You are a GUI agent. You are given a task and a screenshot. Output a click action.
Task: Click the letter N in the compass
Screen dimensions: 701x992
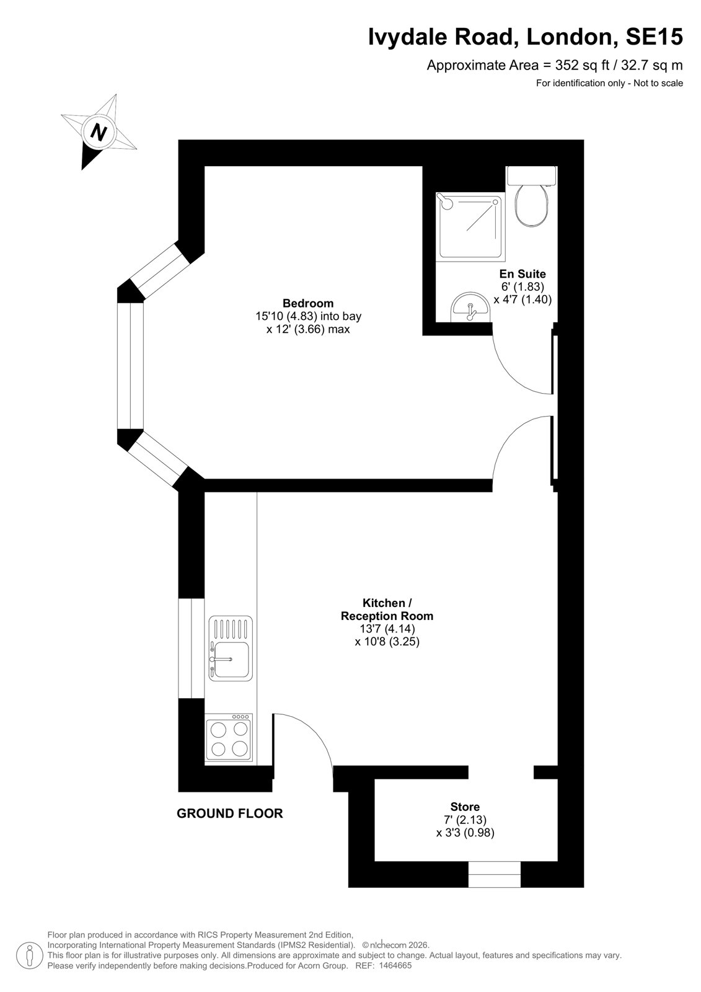click(99, 132)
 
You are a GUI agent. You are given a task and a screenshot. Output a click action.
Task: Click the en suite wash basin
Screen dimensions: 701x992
click(470, 306)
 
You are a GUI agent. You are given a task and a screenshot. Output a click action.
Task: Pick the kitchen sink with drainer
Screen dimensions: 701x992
click(231, 649)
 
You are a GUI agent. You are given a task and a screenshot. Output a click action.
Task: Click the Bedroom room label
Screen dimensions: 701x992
click(308, 303)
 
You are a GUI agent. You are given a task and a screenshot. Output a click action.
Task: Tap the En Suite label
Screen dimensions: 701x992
click(522, 273)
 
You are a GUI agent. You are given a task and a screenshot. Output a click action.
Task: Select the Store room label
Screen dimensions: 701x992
click(465, 807)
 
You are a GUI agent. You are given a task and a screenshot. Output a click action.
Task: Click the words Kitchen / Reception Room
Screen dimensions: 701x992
click(387, 609)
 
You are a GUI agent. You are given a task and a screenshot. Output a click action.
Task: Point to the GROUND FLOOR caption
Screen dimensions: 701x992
click(229, 813)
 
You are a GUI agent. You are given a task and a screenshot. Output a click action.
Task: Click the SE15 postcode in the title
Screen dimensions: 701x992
click(654, 37)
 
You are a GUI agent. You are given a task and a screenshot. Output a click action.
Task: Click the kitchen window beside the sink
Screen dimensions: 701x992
click(192, 649)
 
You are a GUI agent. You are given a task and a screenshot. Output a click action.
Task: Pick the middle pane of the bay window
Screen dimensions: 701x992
click(130, 366)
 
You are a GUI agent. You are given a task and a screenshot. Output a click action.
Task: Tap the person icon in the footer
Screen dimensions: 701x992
click(29, 956)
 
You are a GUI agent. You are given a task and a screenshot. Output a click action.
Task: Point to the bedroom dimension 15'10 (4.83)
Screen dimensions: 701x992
click(286, 316)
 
